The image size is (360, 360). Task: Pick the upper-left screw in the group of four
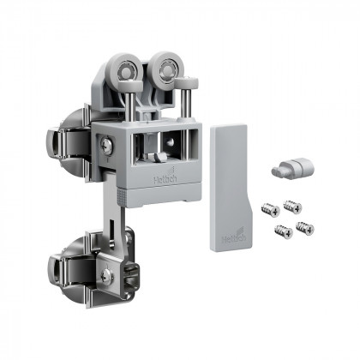pyautogui.click(x=268, y=208)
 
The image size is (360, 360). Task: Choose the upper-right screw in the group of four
pyautogui.click(x=291, y=206)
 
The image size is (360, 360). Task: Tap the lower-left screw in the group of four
pyautogui.click(x=282, y=230)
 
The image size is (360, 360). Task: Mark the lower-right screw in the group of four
pyautogui.click(x=304, y=227)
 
